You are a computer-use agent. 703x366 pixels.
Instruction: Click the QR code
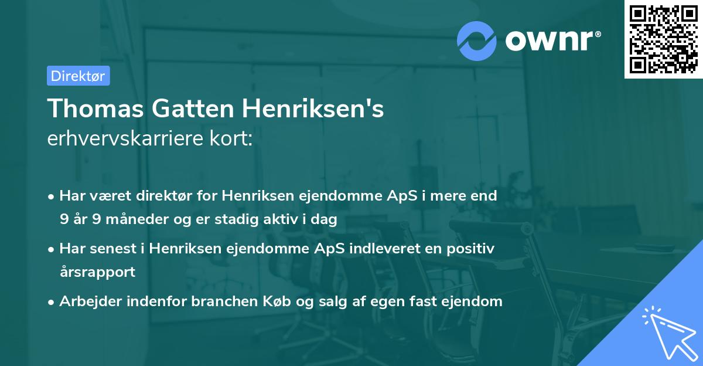point(662,39)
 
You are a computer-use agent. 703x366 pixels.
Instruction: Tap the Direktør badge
point(78,76)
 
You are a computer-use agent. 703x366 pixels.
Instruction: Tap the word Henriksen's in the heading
point(310,109)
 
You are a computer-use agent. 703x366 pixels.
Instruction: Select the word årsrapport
point(97,272)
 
